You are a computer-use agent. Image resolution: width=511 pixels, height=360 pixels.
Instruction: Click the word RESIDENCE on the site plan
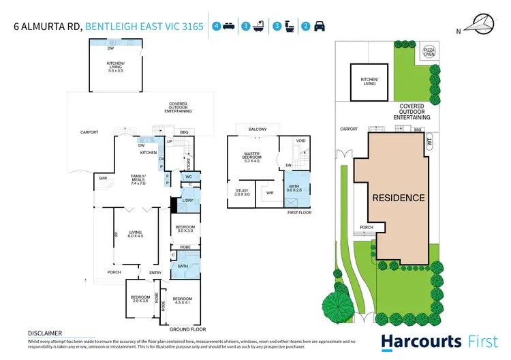(x=399, y=198)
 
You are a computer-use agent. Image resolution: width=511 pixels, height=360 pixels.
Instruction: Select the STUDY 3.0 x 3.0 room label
(x=243, y=192)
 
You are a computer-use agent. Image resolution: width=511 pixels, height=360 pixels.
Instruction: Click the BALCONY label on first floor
(x=257, y=130)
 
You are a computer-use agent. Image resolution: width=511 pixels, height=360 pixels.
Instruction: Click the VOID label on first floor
(x=300, y=141)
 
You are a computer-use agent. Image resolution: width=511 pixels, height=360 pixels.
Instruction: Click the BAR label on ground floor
(x=104, y=179)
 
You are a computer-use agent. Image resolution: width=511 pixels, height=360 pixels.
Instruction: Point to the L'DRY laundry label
(x=186, y=202)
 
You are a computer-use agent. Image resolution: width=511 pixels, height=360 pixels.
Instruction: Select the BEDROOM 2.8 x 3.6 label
(x=141, y=301)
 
